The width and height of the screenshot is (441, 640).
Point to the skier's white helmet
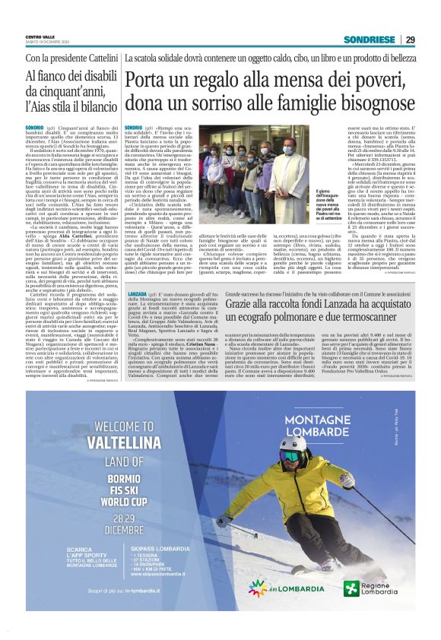293,447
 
